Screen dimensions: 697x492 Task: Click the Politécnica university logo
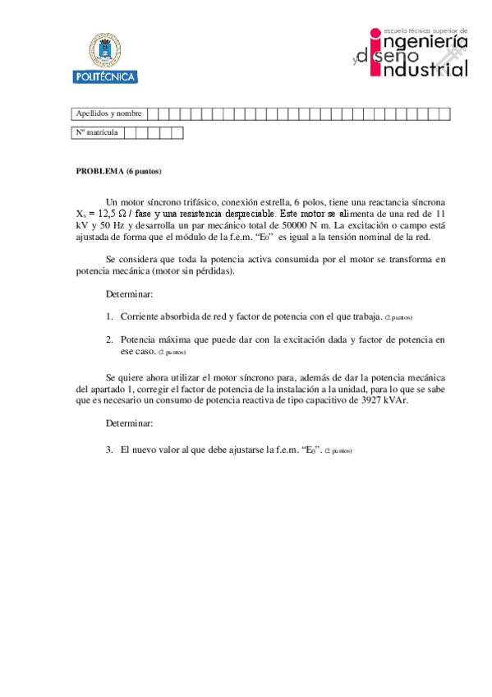point(105,58)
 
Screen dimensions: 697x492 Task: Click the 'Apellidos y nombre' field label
point(108,113)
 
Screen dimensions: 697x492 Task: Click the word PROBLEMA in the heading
point(99,171)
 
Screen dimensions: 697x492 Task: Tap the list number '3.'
point(109,450)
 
